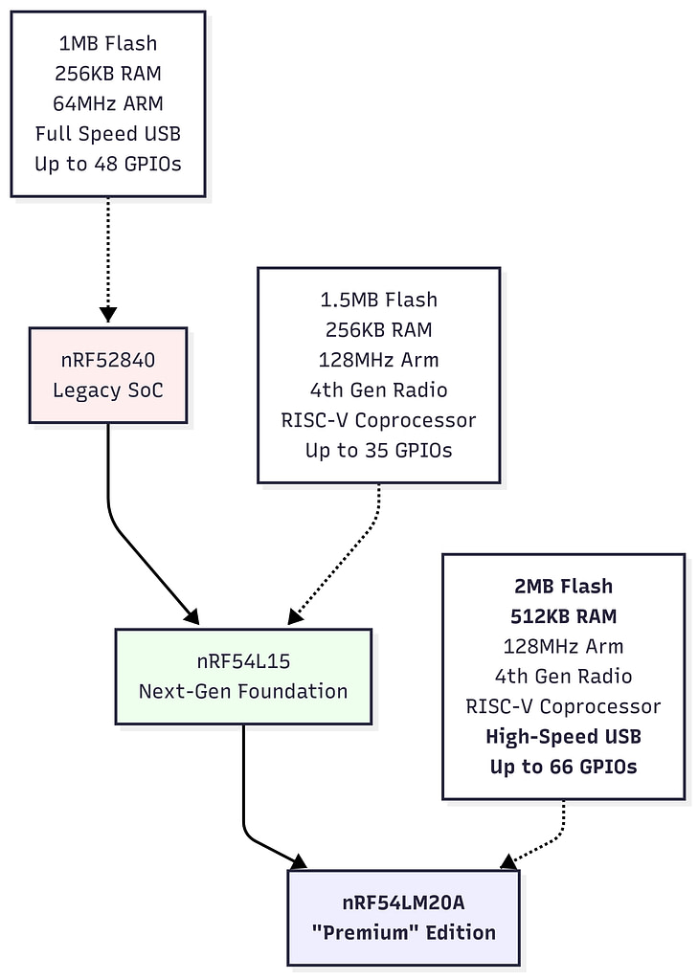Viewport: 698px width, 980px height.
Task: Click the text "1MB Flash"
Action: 107,43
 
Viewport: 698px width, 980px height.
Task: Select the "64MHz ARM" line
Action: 107,103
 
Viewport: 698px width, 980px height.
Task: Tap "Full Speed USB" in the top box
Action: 107,133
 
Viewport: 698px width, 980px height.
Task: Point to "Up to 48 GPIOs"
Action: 107,164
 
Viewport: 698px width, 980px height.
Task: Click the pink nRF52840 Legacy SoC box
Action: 107,375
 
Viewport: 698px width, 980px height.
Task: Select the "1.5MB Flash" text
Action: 378,300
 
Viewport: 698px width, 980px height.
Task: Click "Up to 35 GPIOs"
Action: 378,450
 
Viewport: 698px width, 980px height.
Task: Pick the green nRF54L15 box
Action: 243,676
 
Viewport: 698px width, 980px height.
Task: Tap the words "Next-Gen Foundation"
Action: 243,691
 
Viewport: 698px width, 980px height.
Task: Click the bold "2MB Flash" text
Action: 562,586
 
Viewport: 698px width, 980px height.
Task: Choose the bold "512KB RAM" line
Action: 562,615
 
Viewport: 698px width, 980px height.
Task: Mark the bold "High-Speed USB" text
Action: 562,736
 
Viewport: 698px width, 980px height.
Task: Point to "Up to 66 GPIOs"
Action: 562,767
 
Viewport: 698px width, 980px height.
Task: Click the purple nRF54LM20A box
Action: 403,917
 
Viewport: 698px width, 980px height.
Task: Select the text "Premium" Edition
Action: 404,932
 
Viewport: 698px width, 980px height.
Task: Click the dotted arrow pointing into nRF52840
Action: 107,258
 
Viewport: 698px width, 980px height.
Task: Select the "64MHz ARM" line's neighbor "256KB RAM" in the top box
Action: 107,74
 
